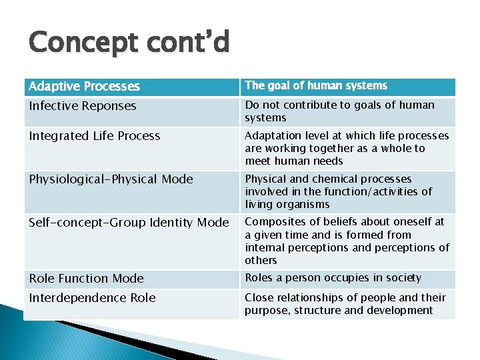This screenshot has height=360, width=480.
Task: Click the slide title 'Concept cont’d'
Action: coord(129,43)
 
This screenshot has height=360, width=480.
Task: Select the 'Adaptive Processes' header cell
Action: coord(84,87)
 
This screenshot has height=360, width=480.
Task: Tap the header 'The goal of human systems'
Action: coord(316,85)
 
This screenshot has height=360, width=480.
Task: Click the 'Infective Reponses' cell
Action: coord(83,106)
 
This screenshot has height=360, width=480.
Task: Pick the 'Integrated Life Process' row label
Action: coord(95,136)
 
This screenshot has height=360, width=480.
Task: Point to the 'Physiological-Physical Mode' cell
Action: coord(111,179)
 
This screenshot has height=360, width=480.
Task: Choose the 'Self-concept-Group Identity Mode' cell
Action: coord(129,223)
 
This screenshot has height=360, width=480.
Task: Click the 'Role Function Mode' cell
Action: coord(87,279)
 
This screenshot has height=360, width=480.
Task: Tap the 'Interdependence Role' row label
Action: coord(92,298)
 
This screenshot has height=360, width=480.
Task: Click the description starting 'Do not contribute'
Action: coord(339,111)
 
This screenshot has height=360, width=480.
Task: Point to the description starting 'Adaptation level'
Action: coord(347,148)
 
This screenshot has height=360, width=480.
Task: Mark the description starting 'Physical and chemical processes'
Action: coord(339,191)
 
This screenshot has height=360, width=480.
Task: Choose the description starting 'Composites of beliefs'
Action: coord(347,241)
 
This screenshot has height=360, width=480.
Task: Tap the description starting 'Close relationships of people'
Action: coord(345,304)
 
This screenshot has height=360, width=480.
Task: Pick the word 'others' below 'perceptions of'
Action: coord(261,261)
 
